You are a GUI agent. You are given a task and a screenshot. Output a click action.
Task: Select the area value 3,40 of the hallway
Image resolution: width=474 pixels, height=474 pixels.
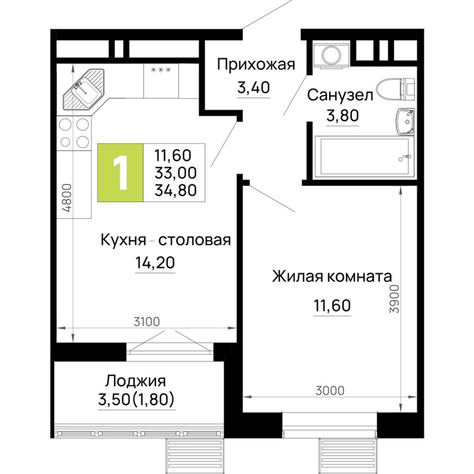(x=253, y=88)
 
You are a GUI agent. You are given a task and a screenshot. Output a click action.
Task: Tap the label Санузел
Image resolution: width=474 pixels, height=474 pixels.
(x=340, y=95)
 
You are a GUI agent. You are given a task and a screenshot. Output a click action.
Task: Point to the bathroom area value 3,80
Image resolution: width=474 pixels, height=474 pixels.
(x=342, y=115)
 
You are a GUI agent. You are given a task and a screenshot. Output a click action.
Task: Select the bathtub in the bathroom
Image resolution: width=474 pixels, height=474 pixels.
(x=364, y=157)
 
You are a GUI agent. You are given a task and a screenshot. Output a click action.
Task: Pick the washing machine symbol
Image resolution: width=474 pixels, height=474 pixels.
(x=331, y=55)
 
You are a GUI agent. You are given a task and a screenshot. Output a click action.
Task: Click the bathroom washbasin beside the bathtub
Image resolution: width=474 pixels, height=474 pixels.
(x=406, y=122)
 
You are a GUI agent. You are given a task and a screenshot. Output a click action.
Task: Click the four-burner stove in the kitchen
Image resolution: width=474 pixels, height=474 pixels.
(x=74, y=133)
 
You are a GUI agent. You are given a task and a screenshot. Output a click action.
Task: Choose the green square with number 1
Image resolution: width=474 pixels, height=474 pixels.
(x=120, y=173)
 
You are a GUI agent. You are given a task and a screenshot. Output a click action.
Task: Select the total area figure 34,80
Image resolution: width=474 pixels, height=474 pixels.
(x=176, y=191)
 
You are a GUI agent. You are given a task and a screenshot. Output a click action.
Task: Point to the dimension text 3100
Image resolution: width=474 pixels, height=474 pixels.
(x=147, y=322)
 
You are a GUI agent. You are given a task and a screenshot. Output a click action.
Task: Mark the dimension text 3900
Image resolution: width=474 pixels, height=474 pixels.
(x=395, y=299)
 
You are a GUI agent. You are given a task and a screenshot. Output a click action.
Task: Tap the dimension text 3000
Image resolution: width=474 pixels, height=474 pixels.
(x=330, y=391)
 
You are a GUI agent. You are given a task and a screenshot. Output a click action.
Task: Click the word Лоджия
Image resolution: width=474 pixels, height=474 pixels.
(x=135, y=382)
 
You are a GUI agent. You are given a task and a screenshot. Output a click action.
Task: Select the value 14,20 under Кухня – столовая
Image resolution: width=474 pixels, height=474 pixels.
(x=155, y=262)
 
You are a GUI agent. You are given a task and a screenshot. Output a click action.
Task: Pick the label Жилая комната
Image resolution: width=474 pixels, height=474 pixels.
(x=332, y=276)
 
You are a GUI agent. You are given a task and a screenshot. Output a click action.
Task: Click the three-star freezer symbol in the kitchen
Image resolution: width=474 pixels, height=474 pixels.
(x=161, y=70)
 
